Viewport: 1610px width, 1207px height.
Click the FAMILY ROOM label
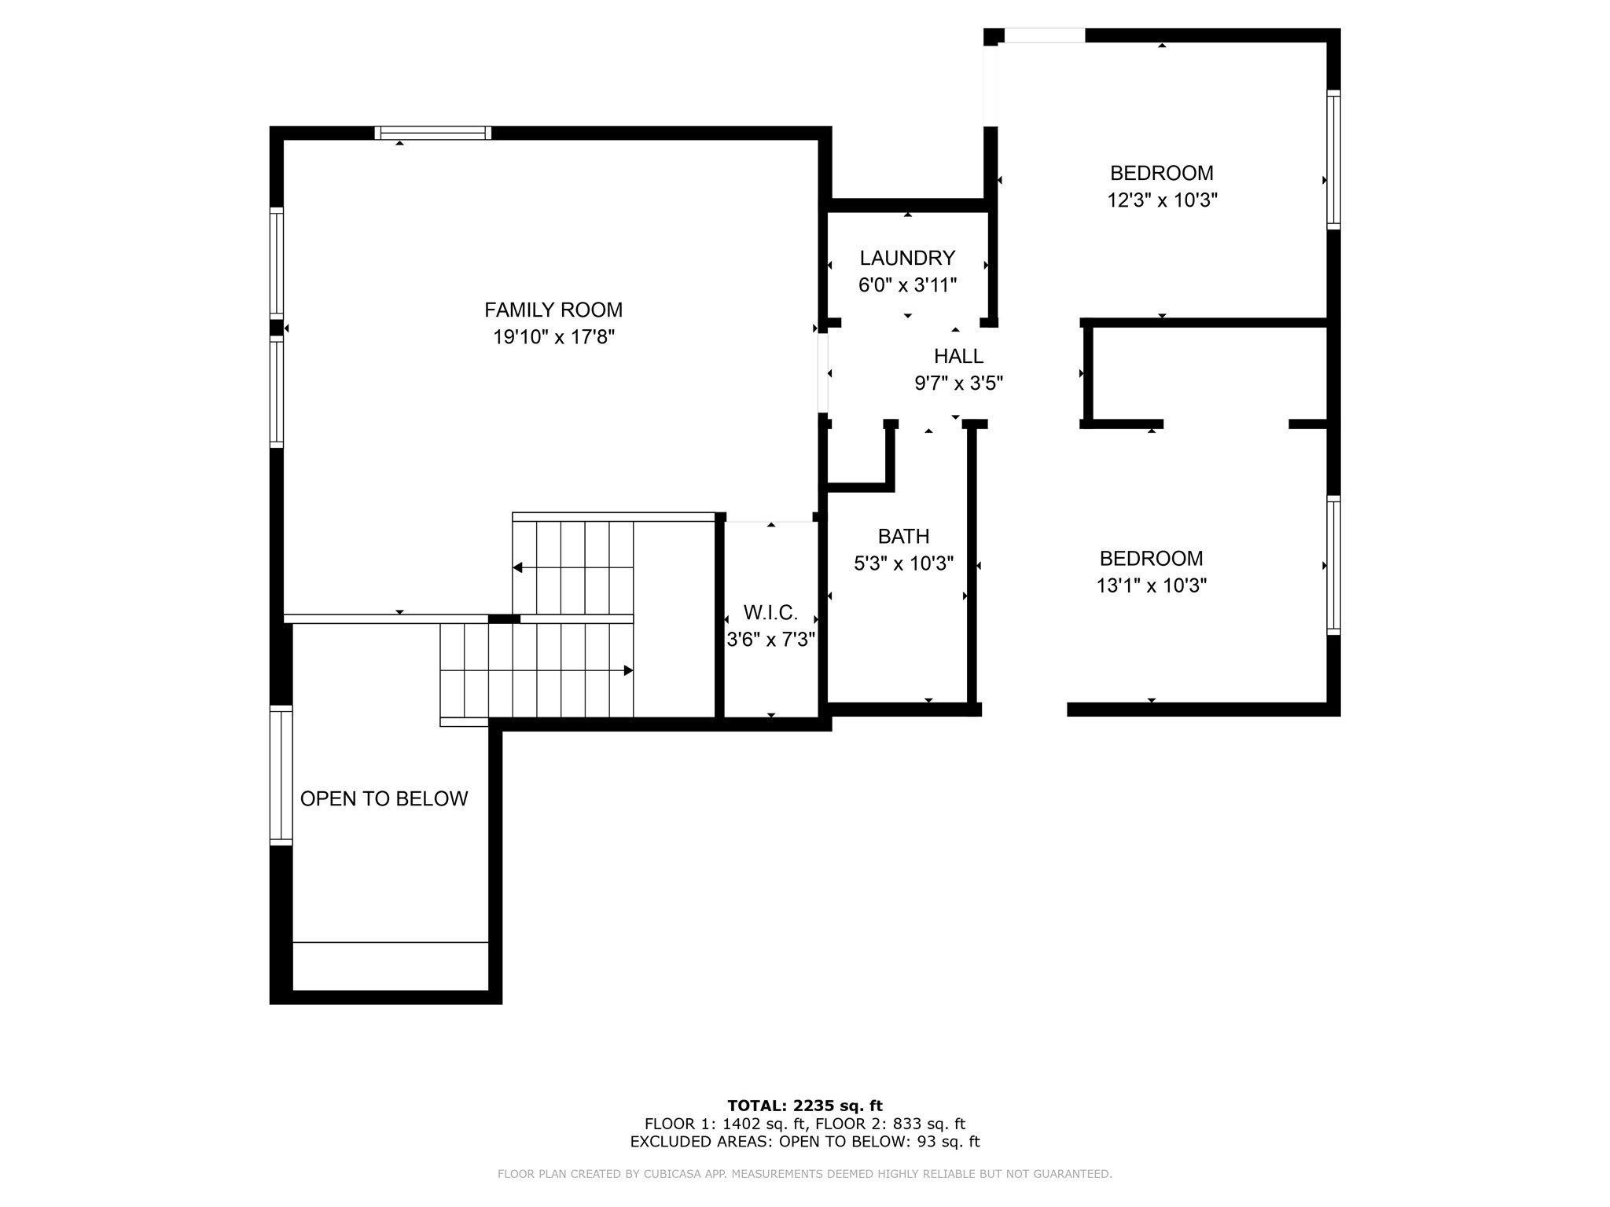(553, 310)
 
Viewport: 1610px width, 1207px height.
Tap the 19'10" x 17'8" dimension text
(553, 337)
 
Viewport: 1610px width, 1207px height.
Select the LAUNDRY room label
(907, 258)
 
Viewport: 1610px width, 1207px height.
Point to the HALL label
(958, 356)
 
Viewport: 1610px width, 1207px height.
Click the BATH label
(903, 536)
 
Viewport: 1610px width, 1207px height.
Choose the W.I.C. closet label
(770, 612)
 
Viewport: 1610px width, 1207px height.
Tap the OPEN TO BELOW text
(384, 798)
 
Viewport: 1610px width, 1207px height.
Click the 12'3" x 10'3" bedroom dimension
(1161, 200)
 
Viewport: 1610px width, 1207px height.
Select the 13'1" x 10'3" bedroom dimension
(1151, 585)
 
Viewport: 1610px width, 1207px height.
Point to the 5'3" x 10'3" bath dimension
(903, 563)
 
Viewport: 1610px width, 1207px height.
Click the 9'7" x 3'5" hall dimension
(958, 383)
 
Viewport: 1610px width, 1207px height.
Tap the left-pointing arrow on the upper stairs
(518, 567)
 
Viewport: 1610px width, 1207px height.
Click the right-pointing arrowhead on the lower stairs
(628, 670)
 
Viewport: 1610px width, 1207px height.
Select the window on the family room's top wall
(432, 133)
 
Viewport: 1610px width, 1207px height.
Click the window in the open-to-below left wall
(281, 775)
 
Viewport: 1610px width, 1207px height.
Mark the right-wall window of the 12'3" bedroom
(1333, 160)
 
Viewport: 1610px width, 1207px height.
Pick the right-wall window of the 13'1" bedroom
(1333, 564)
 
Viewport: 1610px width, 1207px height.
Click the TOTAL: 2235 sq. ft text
(805, 1106)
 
